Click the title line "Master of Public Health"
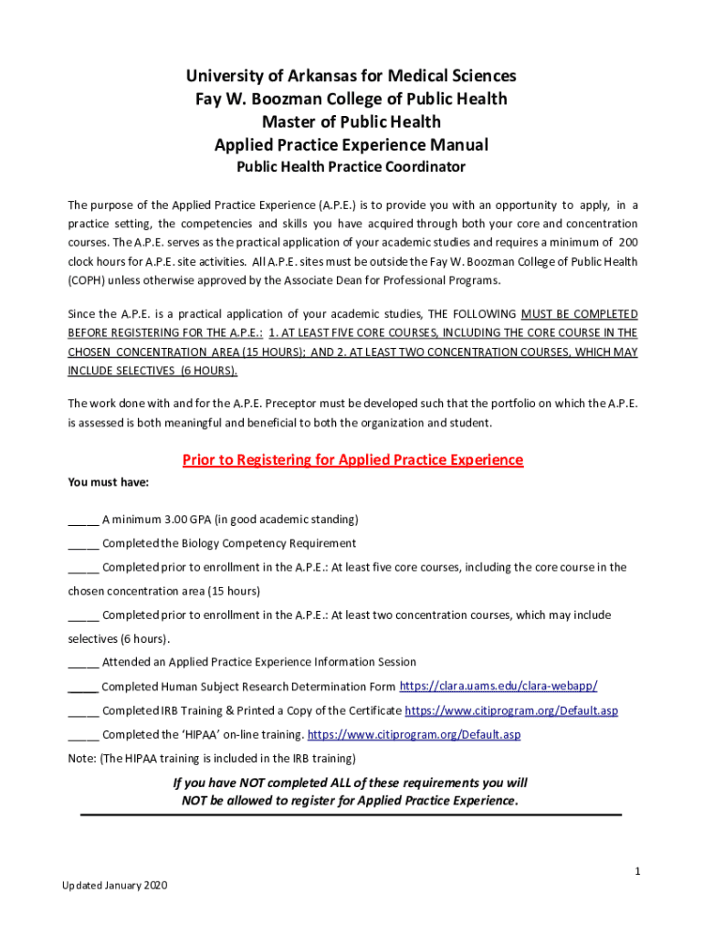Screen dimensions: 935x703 point(351,121)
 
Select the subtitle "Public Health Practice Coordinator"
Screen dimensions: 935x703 point(351,167)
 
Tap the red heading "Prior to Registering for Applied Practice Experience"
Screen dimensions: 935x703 point(352,459)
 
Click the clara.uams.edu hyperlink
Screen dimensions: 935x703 point(498,686)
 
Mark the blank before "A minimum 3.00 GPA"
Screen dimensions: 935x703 point(83,520)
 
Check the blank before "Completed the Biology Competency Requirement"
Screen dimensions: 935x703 point(83,544)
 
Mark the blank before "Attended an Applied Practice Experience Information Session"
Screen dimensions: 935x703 point(83,663)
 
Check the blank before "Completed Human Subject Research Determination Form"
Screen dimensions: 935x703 point(83,687)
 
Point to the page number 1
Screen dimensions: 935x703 point(638,872)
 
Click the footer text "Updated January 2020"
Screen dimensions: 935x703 point(115,886)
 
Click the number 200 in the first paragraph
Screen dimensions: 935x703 point(628,242)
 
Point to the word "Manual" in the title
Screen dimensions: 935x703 point(459,145)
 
